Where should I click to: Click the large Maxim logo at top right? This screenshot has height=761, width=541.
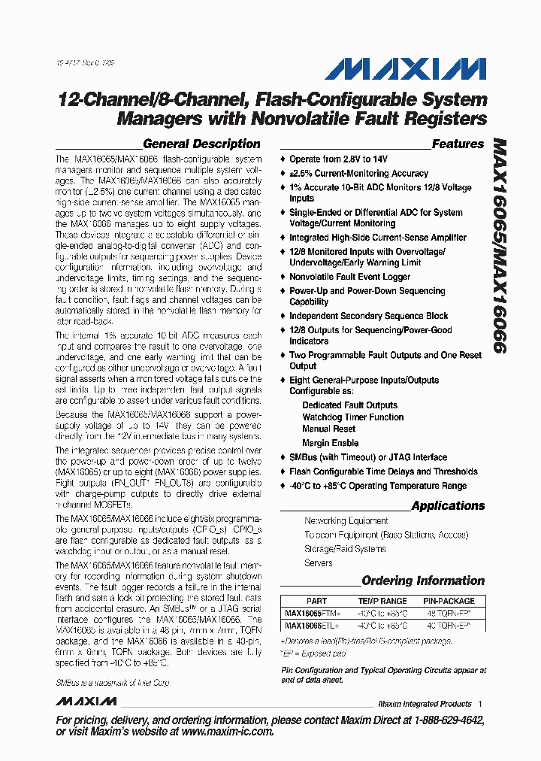point(405,71)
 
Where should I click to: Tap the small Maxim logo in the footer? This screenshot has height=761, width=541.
point(86,702)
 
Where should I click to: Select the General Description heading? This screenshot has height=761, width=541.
point(201,144)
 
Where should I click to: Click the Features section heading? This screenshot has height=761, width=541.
point(458,144)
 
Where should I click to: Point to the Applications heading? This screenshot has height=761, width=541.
point(448,505)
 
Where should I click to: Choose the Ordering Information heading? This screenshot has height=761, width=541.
point(423,581)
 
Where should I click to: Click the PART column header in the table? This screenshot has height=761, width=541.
point(316,601)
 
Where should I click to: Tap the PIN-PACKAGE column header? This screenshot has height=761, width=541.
point(449,601)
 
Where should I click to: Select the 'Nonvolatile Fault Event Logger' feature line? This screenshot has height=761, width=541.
point(349,277)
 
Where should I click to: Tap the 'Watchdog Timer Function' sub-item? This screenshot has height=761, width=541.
point(352,417)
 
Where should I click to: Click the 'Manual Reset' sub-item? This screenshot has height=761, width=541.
point(328,429)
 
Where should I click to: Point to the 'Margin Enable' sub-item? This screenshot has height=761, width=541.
point(330,443)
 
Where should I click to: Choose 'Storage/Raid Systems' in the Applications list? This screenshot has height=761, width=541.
point(345,549)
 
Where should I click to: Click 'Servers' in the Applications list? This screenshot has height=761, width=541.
point(319,563)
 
